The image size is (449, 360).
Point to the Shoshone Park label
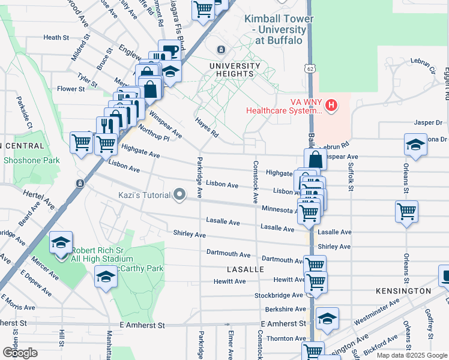(32, 160)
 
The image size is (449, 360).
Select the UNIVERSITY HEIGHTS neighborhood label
(235, 70)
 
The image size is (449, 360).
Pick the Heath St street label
(56, 37)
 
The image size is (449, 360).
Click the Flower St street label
(71, 89)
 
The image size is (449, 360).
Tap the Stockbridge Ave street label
(279, 295)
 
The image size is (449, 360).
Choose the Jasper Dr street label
(428, 122)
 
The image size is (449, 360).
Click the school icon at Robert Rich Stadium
(61, 242)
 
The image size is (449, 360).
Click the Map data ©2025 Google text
(411, 355)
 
